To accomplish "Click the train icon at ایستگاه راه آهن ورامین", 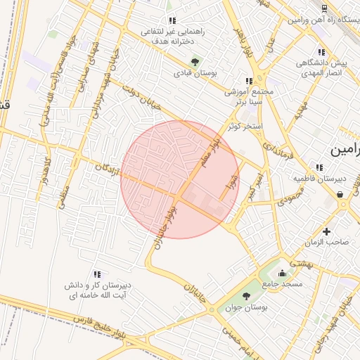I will click(x=324, y=8).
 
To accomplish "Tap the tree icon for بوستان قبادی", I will click(x=195, y=61).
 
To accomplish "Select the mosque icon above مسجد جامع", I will click(x=282, y=273).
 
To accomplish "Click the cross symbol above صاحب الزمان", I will click(x=326, y=231).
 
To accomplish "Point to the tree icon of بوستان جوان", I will click(x=246, y=296).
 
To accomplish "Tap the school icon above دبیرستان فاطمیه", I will click(x=320, y=167).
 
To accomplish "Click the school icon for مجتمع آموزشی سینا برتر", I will click(x=249, y=82).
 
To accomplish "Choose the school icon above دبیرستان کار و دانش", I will click(x=97, y=274).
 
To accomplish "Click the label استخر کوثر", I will click(x=245, y=127).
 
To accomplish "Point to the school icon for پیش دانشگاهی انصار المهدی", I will click(x=321, y=52).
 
